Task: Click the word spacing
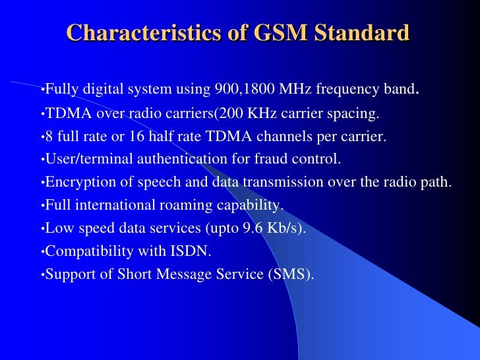coord(353,114)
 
